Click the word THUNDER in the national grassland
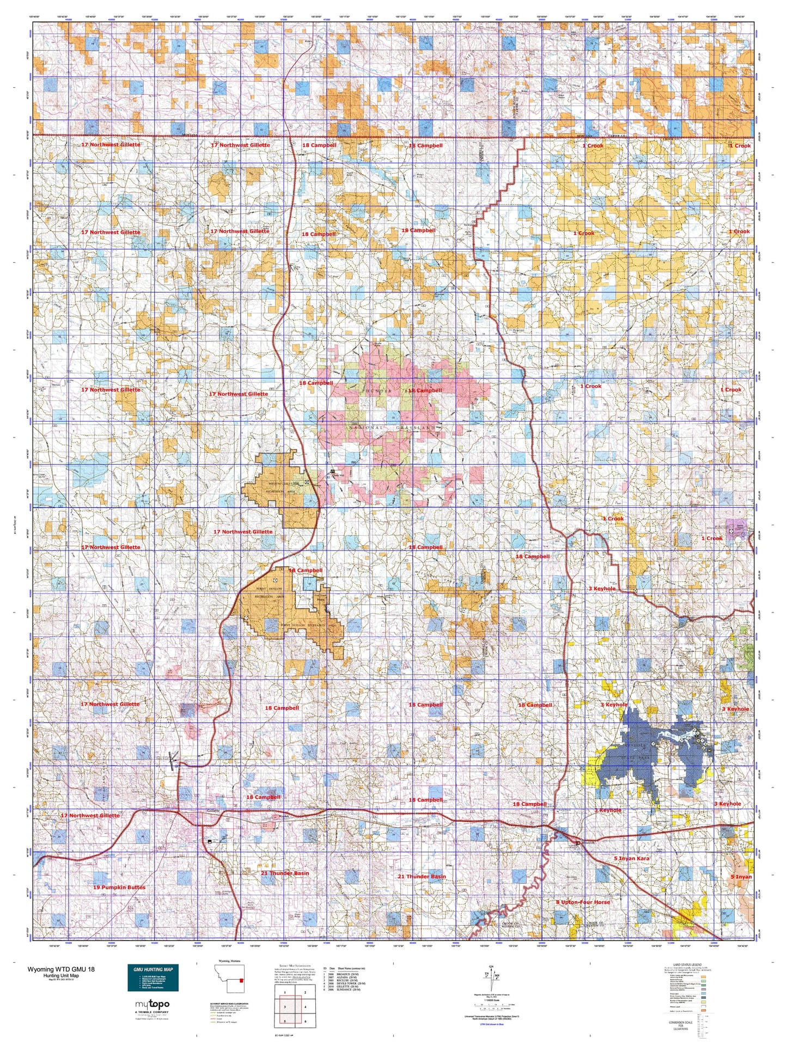pos(377,391)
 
